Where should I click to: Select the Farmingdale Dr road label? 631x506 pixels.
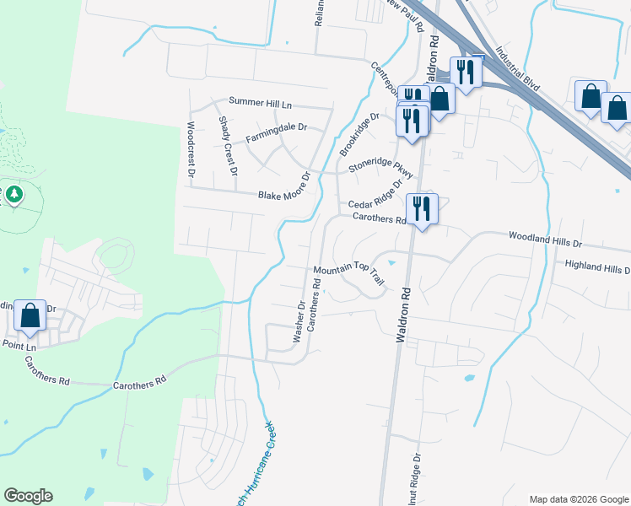coord(276,132)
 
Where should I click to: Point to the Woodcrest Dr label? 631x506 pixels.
coord(191,150)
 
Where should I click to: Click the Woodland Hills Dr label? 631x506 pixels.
coord(545,241)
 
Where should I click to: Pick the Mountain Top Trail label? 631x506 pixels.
coord(349,276)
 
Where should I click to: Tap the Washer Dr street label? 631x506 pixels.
coord(299,321)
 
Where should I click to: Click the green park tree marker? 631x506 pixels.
coord(13,195)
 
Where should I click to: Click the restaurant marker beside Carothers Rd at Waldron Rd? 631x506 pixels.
coord(420,207)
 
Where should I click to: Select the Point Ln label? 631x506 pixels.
coord(19,347)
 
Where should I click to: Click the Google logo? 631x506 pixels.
coord(29,496)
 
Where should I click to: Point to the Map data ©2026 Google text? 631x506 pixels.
coord(577,498)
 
